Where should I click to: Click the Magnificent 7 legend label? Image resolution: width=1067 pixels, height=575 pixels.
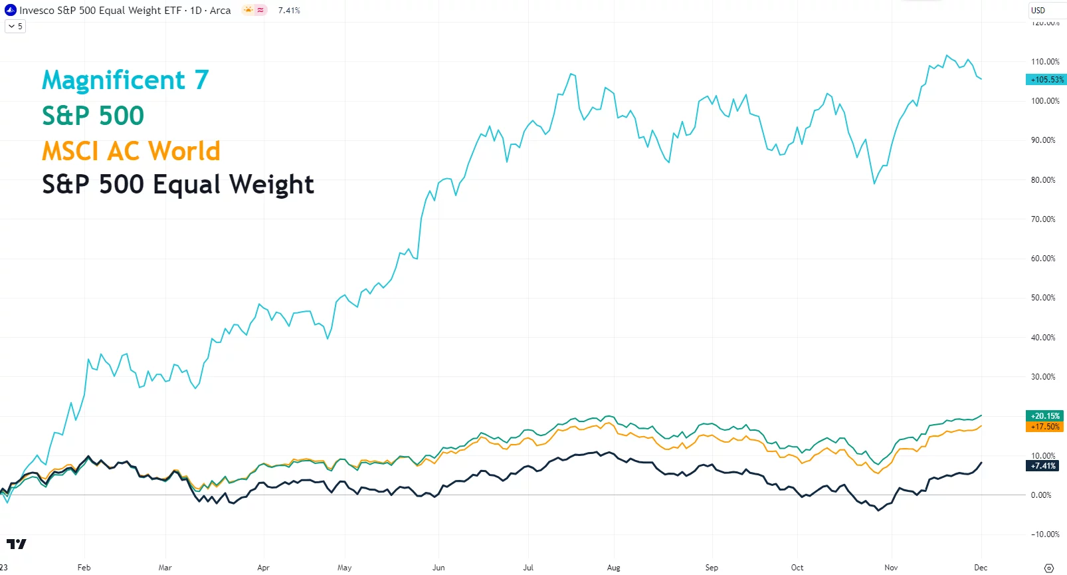(125, 80)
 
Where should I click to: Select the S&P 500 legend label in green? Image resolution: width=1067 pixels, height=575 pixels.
(93, 116)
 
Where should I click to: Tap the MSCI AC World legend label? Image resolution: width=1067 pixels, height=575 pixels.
(131, 151)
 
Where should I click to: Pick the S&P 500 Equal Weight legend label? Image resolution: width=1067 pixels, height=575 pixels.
(177, 184)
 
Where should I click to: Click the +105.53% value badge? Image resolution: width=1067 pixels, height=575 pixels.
(1046, 80)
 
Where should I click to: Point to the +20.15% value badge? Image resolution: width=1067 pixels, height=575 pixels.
(1045, 416)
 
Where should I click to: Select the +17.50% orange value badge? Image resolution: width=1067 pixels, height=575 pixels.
(1045, 427)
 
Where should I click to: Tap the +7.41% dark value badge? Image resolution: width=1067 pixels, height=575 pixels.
(1043, 466)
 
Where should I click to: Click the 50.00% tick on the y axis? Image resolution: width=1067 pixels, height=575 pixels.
(1043, 298)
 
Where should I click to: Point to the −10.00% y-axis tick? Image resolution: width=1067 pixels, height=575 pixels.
(1045, 534)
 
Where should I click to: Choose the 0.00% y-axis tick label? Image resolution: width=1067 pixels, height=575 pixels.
(1041, 495)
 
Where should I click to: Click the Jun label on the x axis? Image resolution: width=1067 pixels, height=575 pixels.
(438, 568)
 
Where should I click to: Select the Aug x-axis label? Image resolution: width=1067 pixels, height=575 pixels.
(613, 568)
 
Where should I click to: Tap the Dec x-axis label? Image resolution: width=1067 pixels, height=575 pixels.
(981, 568)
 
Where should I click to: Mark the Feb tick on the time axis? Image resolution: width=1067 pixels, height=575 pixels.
(84, 568)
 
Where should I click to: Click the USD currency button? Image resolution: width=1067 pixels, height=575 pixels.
(1038, 10)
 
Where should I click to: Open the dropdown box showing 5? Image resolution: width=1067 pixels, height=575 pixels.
(15, 27)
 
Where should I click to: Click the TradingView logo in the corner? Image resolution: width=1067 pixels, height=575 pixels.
(16, 544)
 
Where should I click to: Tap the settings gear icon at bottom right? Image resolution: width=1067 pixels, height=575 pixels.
(1049, 568)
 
